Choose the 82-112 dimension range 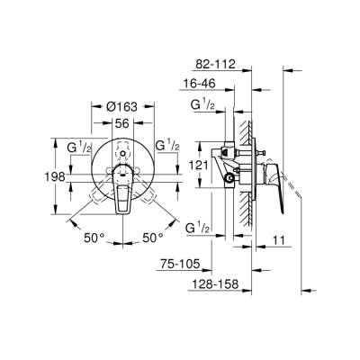coord(214,65)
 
